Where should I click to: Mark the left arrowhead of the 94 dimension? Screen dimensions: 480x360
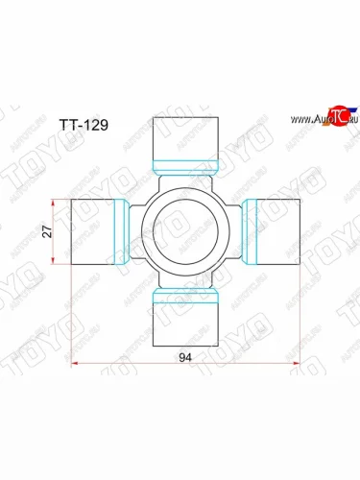pos(77,364)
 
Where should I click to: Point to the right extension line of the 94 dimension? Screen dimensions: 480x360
pos(301,317)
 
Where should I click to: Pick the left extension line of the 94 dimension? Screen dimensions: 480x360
pos(73,317)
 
